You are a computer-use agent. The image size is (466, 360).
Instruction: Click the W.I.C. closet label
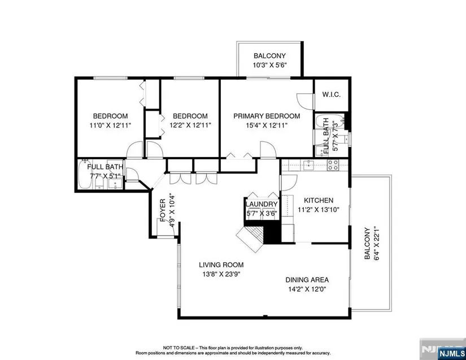pos(332,95)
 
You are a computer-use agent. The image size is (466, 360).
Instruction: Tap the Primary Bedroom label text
pos(267,116)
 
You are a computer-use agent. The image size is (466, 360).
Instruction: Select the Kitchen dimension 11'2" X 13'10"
pos(319,210)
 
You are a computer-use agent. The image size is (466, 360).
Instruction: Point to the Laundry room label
pos(262,204)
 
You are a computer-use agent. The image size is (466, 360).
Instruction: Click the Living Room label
pos(221,264)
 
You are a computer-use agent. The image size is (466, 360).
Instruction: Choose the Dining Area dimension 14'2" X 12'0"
pos(307,289)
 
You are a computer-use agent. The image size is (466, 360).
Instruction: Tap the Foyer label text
pos(163,210)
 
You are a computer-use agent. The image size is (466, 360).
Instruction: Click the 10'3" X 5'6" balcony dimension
pos(269,65)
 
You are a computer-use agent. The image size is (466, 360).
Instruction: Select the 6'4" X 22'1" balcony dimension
pos(377,243)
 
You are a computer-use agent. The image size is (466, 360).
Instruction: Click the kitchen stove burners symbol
pos(333,165)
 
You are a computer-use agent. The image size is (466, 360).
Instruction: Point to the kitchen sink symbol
pos(309,164)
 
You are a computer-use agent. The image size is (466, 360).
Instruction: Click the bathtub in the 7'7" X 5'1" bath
pos(85,175)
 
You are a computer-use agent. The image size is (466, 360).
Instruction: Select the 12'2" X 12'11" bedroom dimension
pos(190,125)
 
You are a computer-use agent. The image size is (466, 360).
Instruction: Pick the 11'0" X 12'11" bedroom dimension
pos(110,125)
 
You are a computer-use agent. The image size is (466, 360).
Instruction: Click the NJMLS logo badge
pos(451,354)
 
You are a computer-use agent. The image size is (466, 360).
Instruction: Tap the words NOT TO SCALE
pos(178,348)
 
